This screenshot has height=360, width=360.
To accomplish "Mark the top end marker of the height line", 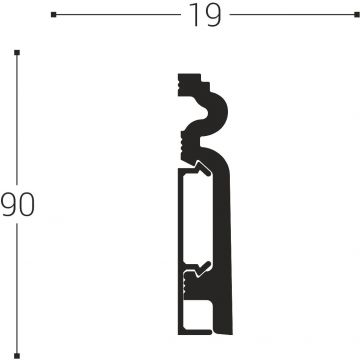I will tap(18, 52).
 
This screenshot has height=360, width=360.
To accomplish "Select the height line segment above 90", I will tap(18, 120).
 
